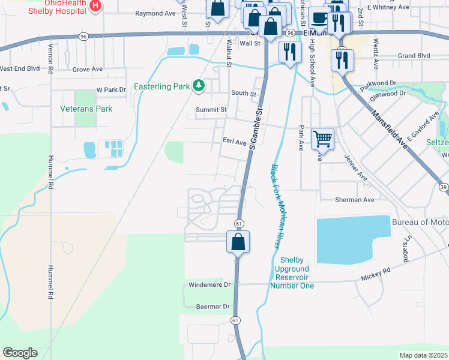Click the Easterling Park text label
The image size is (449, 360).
(161, 87)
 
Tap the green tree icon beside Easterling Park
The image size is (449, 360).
(199, 87)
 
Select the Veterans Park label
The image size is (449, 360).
(86, 109)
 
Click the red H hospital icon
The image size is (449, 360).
(94, 5)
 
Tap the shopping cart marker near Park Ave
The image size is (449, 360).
(323, 139)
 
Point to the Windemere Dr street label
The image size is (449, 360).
(209, 285)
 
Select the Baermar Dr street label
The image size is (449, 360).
(213, 307)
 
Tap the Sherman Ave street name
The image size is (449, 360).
(355, 200)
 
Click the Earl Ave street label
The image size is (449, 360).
(235, 142)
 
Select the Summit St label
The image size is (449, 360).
(211, 110)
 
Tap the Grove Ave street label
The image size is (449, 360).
(88, 70)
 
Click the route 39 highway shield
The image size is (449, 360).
(443, 188)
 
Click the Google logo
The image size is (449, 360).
(20, 353)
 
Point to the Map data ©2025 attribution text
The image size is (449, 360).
(423, 355)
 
